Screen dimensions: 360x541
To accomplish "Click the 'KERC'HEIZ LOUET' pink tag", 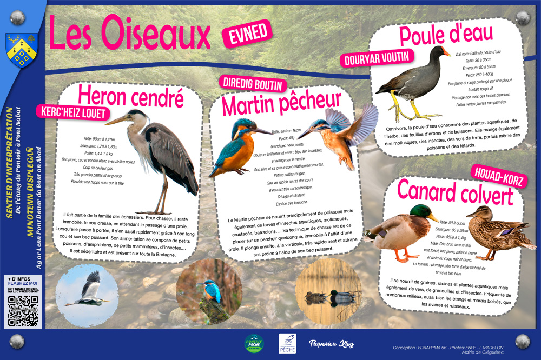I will pyautogui.click(x=72, y=112).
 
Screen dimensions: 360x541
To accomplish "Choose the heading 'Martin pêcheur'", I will pyautogui.click(x=282, y=103).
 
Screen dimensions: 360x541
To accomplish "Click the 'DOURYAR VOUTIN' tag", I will pyautogui.click(x=377, y=57).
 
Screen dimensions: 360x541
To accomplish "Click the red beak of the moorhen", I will pyautogui.click(x=445, y=52).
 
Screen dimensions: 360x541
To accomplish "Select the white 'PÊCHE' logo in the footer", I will pyautogui.click(x=287, y=344).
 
